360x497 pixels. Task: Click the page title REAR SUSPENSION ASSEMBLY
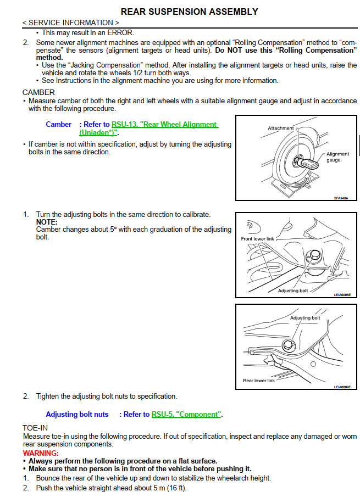(189, 12)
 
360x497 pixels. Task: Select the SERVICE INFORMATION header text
(70, 23)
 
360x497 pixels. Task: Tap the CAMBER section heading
(38, 92)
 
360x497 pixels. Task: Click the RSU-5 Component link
(186, 414)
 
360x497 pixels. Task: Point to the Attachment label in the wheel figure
(280, 128)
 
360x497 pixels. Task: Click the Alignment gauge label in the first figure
(337, 157)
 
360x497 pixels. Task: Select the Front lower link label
(257, 239)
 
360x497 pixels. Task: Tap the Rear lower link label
(259, 381)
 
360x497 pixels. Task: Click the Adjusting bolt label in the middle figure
(293, 291)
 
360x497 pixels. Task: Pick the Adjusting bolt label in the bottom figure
(305, 318)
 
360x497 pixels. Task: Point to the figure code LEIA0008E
(342, 295)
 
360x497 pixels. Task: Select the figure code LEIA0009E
(342, 387)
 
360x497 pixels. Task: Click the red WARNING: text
(41, 453)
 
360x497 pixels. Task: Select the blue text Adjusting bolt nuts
(77, 414)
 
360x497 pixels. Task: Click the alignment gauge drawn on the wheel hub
(308, 163)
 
